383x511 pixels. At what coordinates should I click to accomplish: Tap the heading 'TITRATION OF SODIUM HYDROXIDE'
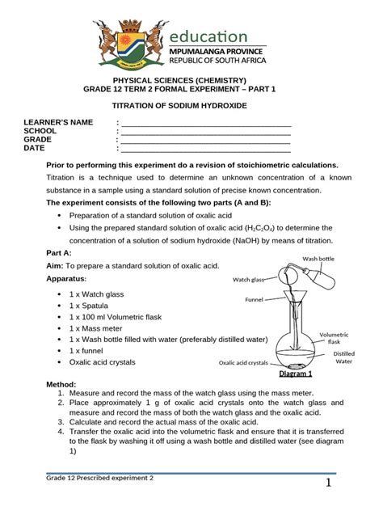pos(191,107)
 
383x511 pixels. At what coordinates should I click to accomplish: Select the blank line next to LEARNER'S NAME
pos(206,122)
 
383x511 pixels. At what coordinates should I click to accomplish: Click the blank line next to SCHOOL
pos(206,131)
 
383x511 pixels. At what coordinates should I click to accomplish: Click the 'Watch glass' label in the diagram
pos(250,280)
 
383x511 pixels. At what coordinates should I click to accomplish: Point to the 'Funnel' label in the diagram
pos(256,298)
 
